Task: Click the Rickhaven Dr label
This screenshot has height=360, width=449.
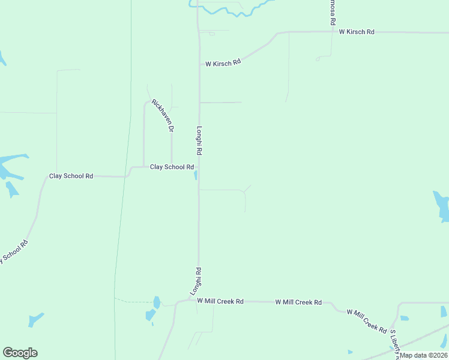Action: click(163, 115)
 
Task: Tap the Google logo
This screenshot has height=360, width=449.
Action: click(20, 353)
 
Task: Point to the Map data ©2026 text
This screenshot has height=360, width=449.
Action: click(424, 355)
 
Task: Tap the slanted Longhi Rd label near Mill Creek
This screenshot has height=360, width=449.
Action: click(196, 281)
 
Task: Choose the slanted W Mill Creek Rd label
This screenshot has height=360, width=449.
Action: click(367, 321)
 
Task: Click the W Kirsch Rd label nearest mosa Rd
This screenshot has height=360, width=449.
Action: click(356, 31)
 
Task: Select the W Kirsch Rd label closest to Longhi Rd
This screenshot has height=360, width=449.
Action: click(223, 62)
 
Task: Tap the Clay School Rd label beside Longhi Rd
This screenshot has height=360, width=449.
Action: click(172, 167)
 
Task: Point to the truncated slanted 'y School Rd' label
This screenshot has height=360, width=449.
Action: click(14, 251)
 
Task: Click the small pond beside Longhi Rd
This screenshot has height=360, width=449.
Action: click(195, 175)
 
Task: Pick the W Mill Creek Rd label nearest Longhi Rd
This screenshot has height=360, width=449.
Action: click(220, 301)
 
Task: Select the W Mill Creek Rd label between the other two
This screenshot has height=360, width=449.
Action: click(298, 302)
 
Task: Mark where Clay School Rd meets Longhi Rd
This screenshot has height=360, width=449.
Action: click(199, 167)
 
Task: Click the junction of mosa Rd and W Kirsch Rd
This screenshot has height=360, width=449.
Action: click(333, 31)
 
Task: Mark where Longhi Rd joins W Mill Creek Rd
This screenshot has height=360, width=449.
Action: click(198, 300)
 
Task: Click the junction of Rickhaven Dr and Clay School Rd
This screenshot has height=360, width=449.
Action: click(172, 166)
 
